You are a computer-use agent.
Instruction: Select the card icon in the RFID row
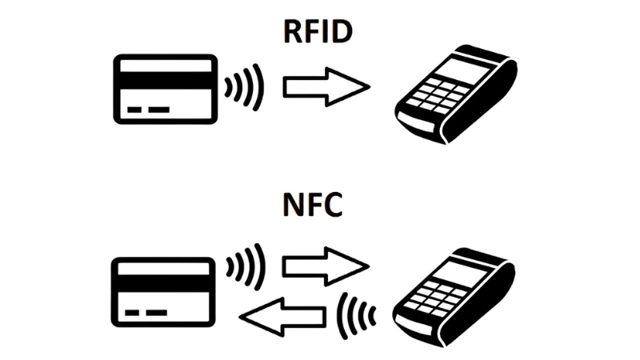click(x=166, y=89)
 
